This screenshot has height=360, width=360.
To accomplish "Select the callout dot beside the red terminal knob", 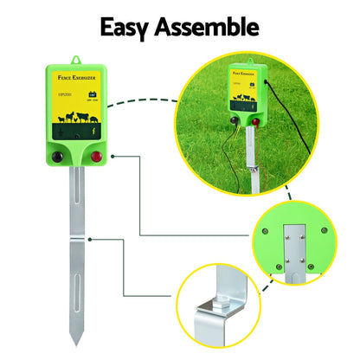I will click(x=113, y=157).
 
